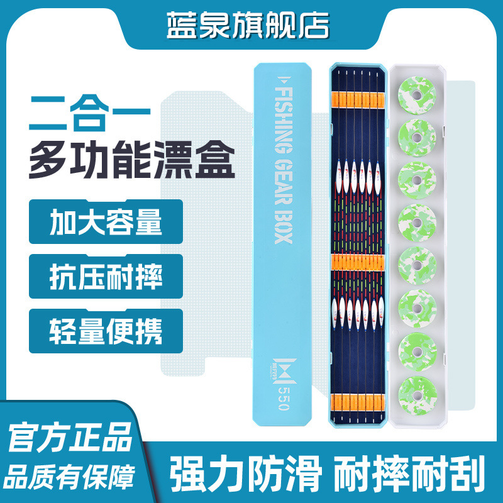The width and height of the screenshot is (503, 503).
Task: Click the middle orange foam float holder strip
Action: pyautogui.click(x=357, y=263)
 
